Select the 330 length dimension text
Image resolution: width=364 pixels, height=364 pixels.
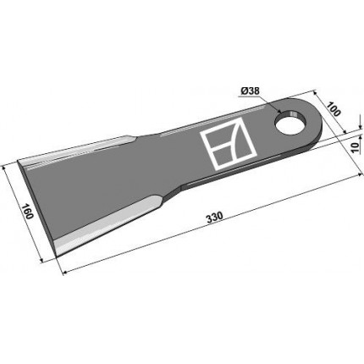tap(214, 218)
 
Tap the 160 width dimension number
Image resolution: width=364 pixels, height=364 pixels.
tap(27, 212)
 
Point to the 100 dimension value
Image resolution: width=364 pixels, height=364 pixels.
tap(334, 108)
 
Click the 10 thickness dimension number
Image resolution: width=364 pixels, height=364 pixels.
tap(356, 147)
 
